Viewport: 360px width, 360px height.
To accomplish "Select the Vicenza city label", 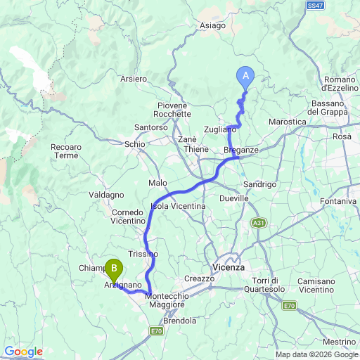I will point(228,267).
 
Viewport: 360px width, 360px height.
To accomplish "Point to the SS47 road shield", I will point(316,5).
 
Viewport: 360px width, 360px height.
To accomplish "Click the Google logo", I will point(23,352).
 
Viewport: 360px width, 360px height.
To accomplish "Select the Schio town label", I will point(134,143).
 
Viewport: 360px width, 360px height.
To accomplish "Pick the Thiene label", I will point(196,149).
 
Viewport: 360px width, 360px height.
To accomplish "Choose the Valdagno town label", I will point(107,194).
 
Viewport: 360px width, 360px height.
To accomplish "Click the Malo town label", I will point(157,183).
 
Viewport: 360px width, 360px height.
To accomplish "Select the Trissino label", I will point(143,253).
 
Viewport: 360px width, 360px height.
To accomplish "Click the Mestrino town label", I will point(338,341).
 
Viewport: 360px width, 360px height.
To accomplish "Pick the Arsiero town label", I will point(133,79).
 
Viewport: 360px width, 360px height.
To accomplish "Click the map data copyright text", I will point(316,354).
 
